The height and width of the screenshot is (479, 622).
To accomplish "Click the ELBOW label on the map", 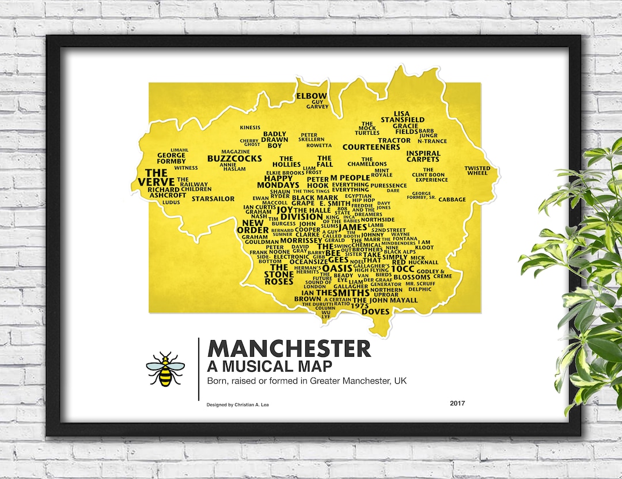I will [x=311, y=96].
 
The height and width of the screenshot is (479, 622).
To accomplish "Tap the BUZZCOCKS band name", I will [x=234, y=159].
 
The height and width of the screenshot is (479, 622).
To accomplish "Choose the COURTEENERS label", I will [x=371, y=147].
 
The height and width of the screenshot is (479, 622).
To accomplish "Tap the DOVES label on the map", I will [x=376, y=312].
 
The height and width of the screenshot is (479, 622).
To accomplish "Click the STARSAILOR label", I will [x=213, y=199].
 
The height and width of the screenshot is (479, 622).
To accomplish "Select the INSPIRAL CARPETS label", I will [x=423, y=156].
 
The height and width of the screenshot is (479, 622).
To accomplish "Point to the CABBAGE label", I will [x=452, y=199].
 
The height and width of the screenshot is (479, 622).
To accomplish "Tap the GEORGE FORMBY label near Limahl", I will [x=172, y=158].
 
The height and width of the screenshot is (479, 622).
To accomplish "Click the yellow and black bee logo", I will [x=165, y=369].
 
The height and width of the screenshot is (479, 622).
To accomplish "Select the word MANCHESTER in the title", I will [x=289, y=349].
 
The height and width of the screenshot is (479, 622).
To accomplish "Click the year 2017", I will [x=457, y=403].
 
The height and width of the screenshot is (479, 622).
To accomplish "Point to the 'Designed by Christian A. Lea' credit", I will [x=237, y=405].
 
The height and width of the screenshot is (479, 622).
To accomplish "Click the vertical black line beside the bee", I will [x=199, y=369].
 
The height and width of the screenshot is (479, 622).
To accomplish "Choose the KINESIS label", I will [x=250, y=127].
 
